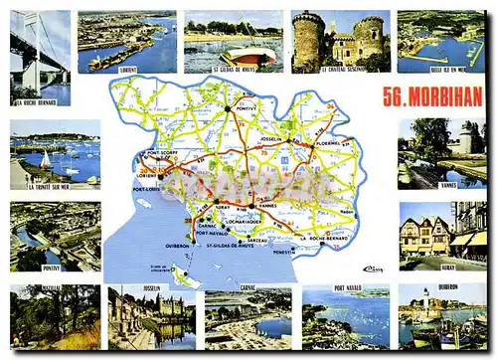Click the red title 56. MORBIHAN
pyautogui.click(x=433, y=96)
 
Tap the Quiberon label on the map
pyautogui.click(x=178, y=247)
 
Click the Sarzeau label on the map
pyautogui.click(x=256, y=241)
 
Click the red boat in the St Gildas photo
pyautogui.click(x=249, y=55)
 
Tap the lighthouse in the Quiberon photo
pyautogui.click(x=424, y=301)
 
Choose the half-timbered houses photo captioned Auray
pyautogui.click(x=427, y=236)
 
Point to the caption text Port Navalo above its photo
pyautogui.click(x=348, y=287)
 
